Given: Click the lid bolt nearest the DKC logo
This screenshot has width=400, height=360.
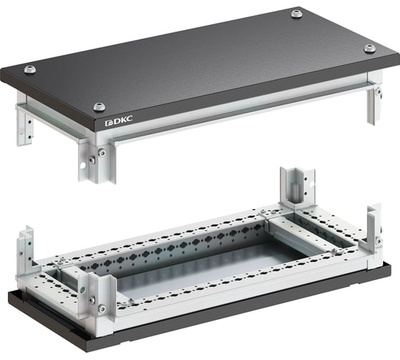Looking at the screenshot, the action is click(99, 106).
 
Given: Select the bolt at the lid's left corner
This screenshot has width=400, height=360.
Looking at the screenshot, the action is click(30, 69).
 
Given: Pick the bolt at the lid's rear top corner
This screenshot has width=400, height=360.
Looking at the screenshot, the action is click(296, 14).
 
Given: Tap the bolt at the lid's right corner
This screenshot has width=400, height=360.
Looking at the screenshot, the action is click(370, 48).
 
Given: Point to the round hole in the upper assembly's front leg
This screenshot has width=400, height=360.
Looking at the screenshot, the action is click(83, 165).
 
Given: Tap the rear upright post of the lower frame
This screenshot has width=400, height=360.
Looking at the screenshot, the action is click(297, 188).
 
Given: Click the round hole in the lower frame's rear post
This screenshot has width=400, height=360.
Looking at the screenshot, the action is click(311, 184).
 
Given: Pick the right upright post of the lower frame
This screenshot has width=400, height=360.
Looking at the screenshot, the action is click(374, 229).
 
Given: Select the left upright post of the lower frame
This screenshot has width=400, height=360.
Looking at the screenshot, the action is click(26, 246).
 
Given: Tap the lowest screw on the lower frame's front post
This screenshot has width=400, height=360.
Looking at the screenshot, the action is click(102, 309).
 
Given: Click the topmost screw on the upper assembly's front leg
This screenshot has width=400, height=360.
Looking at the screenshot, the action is click(102, 153).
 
